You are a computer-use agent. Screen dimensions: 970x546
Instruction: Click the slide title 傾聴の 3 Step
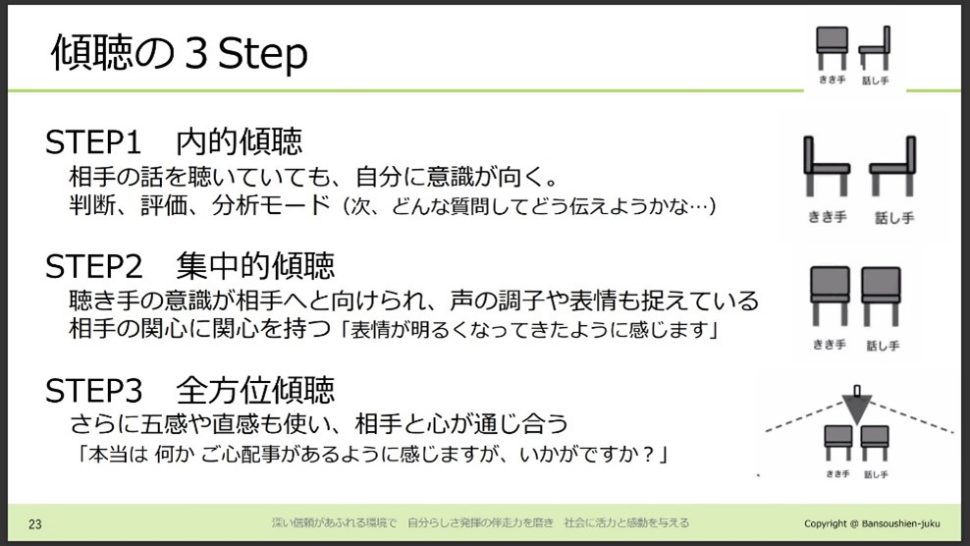point(179,53)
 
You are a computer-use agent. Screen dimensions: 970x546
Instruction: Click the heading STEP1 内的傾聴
point(174,141)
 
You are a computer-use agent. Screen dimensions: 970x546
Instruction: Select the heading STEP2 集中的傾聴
point(189,265)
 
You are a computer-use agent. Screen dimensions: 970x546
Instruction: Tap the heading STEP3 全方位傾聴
point(189,390)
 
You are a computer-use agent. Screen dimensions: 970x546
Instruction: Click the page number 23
point(35,524)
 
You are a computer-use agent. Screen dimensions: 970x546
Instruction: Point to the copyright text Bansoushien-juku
point(872,523)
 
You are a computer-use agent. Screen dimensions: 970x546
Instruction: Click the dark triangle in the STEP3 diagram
point(857,409)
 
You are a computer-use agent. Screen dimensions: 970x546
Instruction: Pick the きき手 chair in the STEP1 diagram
point(826,166)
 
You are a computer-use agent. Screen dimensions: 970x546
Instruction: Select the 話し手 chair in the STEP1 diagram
point(892,166)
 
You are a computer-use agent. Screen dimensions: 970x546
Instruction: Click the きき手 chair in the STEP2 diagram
point(830,296)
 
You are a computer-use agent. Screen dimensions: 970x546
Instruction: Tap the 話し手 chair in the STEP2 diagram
point(881,296)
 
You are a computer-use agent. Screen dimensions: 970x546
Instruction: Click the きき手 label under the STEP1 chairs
point(827,217)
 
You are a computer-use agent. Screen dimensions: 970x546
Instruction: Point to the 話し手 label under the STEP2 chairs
point(883,346)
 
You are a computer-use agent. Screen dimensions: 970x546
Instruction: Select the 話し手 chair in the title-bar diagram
point(875,48)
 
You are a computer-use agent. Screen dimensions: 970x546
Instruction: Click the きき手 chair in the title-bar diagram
point(832,48)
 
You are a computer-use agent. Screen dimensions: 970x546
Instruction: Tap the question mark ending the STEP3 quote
point(649,455)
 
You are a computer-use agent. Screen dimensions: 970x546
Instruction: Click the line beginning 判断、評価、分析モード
point(392,205)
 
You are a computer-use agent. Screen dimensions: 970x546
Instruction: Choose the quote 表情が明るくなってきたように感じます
point(530,329)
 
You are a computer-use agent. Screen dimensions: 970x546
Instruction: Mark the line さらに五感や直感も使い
point(319,424)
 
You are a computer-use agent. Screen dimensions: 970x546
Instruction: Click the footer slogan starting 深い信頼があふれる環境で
point(480,523)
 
